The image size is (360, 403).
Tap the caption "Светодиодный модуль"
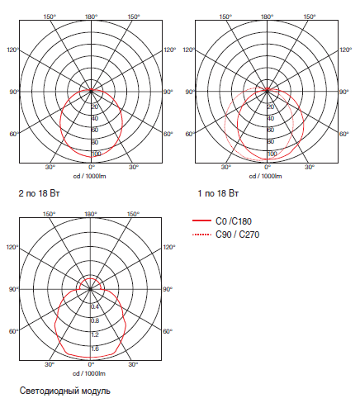click(x=64, y=390)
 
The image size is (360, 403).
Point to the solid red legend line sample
click(x=201, y=221)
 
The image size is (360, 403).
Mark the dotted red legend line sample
click(x=201, y=235)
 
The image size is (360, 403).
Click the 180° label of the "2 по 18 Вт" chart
click(x=91, y=17)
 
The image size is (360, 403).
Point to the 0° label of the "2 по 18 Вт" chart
click(x=91, y=167)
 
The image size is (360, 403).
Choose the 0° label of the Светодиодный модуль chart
click(x=91, y=364)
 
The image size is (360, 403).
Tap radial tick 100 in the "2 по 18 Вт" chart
click(x=96, y=153)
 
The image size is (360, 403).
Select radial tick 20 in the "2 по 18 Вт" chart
click(x=95, y=107)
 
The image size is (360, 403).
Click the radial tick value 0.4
click(x=95, y=306)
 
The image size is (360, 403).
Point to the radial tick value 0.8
click(x=95, y=320)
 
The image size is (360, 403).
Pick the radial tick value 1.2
click(x=95, y=334)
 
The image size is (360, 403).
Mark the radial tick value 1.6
click(x=95, y=349)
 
